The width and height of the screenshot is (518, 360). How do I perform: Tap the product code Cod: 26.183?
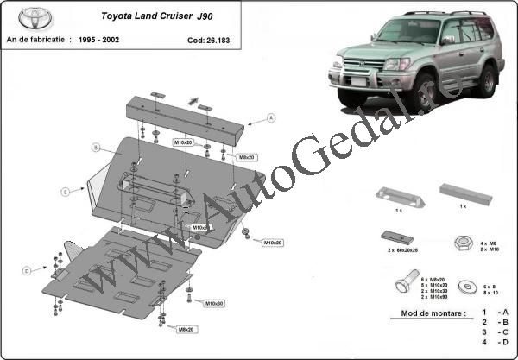click(208, 40)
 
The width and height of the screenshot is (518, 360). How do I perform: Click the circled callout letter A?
click(270, 117)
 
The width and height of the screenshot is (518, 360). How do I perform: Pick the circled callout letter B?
click(96, 148)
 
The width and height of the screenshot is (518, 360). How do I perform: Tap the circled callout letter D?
click(27, 271)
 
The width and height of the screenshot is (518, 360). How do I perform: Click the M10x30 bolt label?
click(213, 303)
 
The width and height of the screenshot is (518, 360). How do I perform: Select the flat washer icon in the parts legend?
click(469, 282)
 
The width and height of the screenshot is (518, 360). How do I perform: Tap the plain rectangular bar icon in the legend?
click(464, 193)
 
